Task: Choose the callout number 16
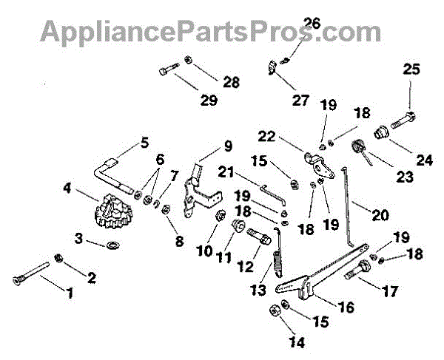click(346, 305)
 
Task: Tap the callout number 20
click(380, 216)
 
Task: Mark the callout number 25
click(410, 69)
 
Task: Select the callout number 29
click(209, 99)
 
